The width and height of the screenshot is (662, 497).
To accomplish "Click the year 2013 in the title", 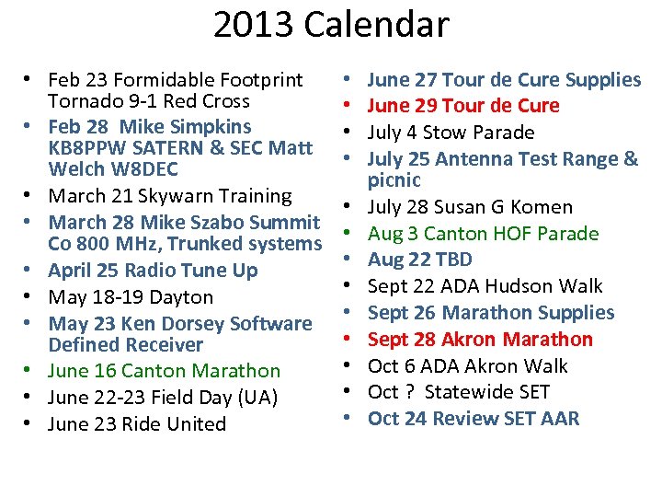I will pos(256,25).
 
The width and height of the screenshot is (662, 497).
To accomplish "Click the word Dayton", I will pos(183,297).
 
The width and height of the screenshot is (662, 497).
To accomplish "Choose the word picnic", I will pos(394,180).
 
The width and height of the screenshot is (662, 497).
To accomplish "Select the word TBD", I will pos(452,260).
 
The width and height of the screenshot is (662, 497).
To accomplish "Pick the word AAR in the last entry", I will pos(561,419).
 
